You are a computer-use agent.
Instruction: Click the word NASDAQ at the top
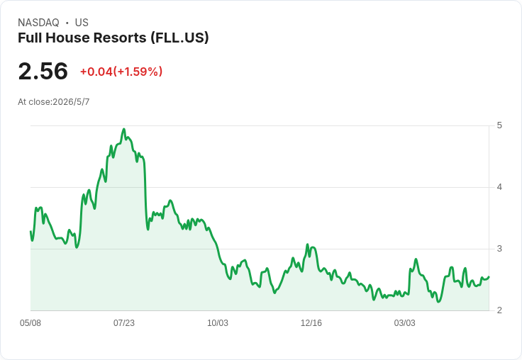(38, 23)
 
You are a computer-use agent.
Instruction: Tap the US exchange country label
(82, 23)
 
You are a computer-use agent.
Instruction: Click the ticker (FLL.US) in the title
(179, 38)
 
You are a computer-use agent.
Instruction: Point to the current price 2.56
(43, 71)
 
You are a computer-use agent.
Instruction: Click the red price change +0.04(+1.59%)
(121, 72)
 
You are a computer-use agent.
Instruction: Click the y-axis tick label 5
(499, 125)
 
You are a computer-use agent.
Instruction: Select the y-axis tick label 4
(499, 187)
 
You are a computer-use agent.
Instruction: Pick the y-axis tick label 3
(499, 249)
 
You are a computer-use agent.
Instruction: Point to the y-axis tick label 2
(499, 310)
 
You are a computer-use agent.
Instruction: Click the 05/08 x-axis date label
(30, 322)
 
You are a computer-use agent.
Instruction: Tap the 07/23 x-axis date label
(124, 322)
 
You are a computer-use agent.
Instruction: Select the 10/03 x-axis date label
(218, 322)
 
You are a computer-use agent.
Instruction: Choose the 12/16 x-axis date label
(311, 322)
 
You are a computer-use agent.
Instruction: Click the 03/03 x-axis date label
(404, 322)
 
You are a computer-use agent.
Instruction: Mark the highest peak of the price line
(124, 129)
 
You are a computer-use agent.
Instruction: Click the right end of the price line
(489, 276)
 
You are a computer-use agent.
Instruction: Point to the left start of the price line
(30, 231)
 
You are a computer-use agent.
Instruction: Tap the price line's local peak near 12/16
(307, 244)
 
